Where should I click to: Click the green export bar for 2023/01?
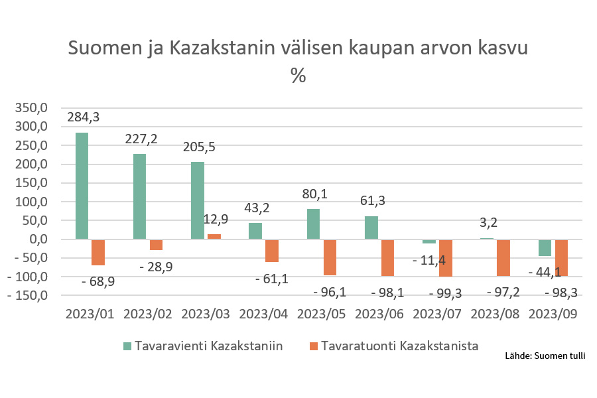pyautogui.click(x=82, y=186)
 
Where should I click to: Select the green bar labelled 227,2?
pyautogui.click(x=139, y=196)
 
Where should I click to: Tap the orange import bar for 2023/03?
pyautogui.click(x=214, y=236)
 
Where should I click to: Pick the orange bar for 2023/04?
pyautogui.click(x=272, y=251)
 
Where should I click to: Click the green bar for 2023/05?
pyautogui.click(x=313, y=224)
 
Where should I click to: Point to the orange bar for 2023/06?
pyautogui.click(x=387, y=257)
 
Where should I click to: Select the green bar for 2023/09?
pyautogui.click(x=545, y=247)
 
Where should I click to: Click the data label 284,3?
pyautogui.click(x=84, y=117)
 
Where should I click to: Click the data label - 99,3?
pyautogui.click(x=445, y=293)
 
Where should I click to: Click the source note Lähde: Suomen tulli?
pyautogui.click(x=545, y=356)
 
